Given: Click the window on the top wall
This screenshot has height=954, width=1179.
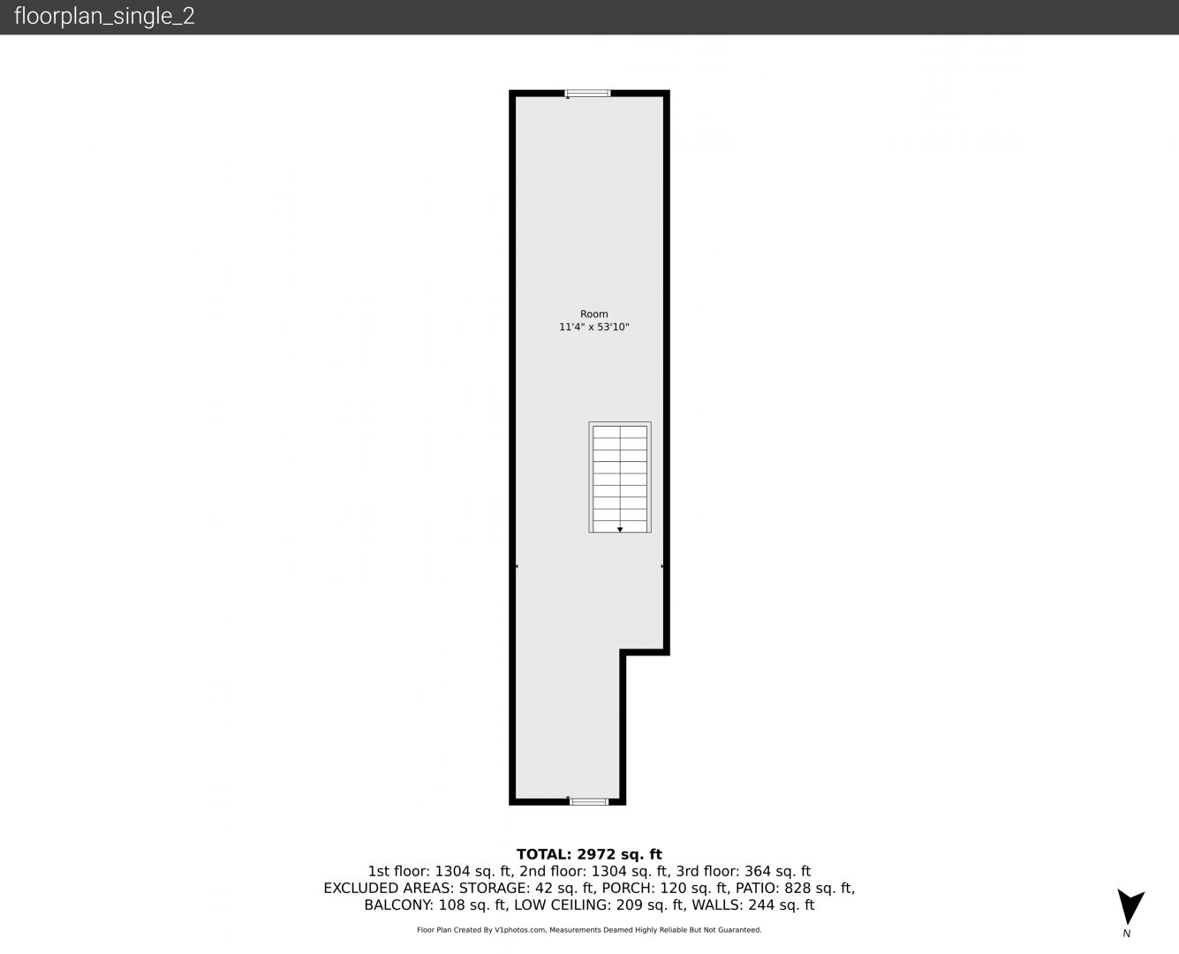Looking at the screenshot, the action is point(587,93).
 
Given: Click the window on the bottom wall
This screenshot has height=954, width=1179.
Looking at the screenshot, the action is point(589,802).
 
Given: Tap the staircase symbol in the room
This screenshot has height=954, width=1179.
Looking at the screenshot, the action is point(620,477).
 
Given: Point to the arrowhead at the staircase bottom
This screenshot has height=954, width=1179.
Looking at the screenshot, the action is point(620,530).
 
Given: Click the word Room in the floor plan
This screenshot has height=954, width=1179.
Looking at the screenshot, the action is point(594,314).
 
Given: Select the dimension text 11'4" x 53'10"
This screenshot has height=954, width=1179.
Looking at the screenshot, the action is point(594,327).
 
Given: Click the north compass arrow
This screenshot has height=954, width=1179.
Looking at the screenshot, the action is point(1130,905).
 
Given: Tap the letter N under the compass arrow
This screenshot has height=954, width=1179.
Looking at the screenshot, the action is point(1126,934).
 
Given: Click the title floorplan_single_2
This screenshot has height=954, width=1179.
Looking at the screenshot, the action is point(104,17).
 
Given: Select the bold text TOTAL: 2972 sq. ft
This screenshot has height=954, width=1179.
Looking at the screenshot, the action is point(589,854).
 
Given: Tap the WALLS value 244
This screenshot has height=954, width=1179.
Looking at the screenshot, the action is point(760,905).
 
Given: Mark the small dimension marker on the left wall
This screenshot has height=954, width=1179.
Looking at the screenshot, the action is point(517,566).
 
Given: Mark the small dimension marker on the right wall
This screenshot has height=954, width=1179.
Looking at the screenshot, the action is point(662,566).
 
